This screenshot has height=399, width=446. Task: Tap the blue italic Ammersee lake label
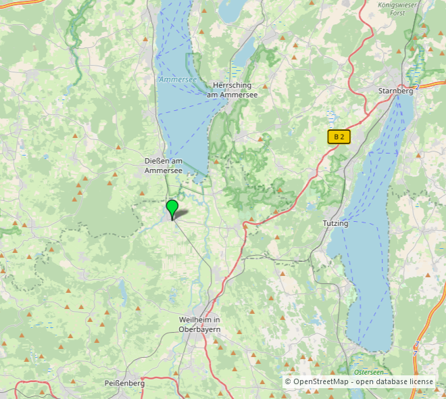click(178, 80)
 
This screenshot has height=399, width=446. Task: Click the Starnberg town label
click(395, 91)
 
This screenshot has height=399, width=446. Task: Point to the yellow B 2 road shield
click(339, 137)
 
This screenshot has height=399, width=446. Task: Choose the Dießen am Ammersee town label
click(164, 166)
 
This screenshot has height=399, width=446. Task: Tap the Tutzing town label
click(335, 223)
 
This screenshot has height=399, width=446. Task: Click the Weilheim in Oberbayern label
click(200, 324)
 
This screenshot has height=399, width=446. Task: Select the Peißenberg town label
click(124, 383)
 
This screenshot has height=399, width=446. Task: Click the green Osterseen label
click(368, 372)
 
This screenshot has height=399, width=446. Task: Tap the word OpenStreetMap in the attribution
click(320, 382)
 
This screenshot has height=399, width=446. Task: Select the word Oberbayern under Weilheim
click(200, 329)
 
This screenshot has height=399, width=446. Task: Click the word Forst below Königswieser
click(399, 12)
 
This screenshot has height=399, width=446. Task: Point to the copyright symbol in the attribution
click(288, 382)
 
